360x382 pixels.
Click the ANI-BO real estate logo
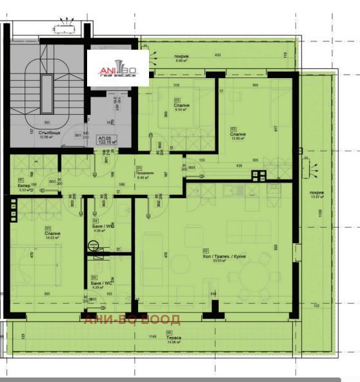click(118, 67)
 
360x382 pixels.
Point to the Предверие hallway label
click(144, 174)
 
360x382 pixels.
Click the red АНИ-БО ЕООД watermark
click(132, 319)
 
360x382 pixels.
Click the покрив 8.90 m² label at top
click(181, 57)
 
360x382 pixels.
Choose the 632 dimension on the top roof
click(217, 55)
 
